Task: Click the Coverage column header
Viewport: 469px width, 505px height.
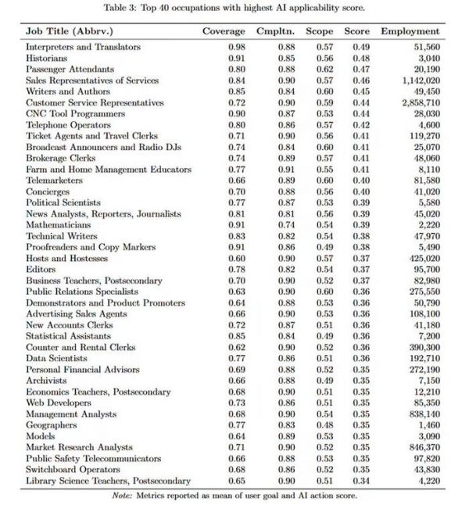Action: click(224, 31)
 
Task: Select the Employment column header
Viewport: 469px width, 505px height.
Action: click(410, 31)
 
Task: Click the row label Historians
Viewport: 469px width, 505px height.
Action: click(47, 58)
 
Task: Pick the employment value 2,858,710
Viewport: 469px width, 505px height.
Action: click(418, 102)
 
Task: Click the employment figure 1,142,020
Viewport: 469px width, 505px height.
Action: click(418, 81)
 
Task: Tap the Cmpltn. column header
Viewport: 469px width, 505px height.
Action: click(274, 31)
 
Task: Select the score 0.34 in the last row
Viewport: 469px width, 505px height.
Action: click(360, 481)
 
